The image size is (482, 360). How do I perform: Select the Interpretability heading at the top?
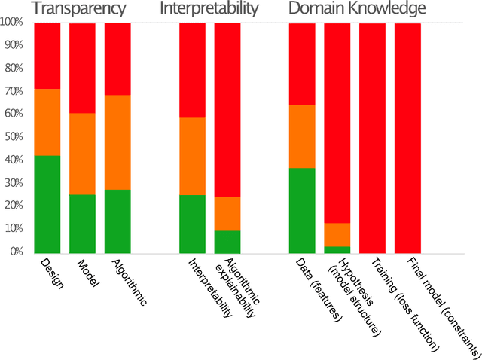click(209, 9)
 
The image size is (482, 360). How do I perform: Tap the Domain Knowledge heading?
click(358, 9)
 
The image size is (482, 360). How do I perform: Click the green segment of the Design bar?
click(47, 204)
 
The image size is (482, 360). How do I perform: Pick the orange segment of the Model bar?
click(82, 154)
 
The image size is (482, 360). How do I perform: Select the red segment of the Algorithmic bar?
click(117, 59)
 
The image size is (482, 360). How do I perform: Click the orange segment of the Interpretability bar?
click(192, 157)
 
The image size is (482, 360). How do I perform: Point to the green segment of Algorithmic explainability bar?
click(227, 242)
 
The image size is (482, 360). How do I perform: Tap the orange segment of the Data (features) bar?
click(302, 136)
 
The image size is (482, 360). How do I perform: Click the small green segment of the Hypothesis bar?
click(337, 249)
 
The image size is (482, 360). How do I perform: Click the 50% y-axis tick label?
click(15, 137)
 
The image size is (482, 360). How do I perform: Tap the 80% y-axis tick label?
click(15, 69)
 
